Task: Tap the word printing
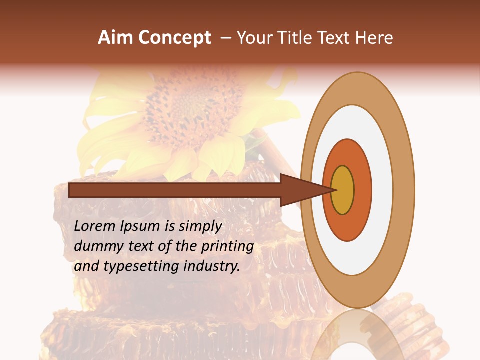click(227, 247)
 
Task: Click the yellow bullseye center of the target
click(343, 190)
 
